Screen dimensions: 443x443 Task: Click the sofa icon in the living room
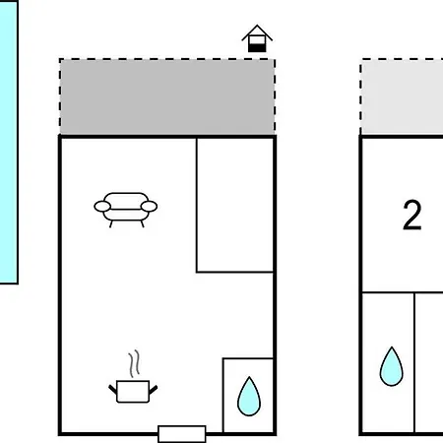[x=126, y=210]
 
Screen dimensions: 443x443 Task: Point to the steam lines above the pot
[x=134, y=363]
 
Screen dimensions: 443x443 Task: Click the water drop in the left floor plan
[x=249, y=397]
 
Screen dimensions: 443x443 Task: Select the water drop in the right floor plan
[x=392, y=367]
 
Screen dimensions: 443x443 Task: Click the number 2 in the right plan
[x=412, y=216]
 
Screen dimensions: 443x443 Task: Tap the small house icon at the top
[x=257, y=38]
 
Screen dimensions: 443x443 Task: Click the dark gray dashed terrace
[x=167, y=96]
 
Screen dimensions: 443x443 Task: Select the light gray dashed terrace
[x=402, y=96]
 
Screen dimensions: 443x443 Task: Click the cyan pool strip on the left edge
[x=9, y=142]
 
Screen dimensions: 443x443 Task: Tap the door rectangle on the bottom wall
[x=182, y=434]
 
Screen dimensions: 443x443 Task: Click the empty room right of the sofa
[x=235, y=205]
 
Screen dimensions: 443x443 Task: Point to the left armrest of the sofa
[x=102, y=207]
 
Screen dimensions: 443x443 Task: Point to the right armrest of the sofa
[x=149, y=207]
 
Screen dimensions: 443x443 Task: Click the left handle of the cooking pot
[x=113, y=390]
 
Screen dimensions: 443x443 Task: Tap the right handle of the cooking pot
[x=153, y=390]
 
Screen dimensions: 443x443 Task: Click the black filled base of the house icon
[x=257, y=48]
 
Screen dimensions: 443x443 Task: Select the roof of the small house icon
[x=257, y=32]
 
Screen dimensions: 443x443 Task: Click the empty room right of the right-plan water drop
[x=429, y=362]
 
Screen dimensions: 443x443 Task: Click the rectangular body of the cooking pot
[x=133, y=392]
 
